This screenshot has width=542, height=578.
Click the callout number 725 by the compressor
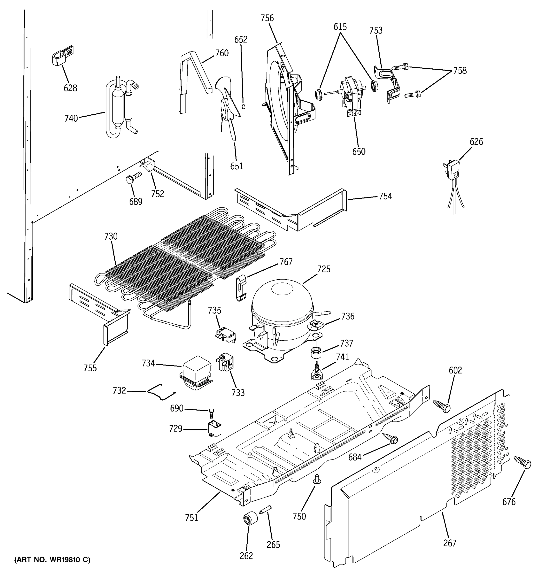point(324,269)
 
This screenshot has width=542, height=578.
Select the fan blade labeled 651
point(228,108)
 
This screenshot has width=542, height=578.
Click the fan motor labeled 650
point(350,96)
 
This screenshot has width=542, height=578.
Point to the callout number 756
point(267,18)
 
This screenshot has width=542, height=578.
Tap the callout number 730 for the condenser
point(111,236)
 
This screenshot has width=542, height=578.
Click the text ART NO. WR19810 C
point(52,559)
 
